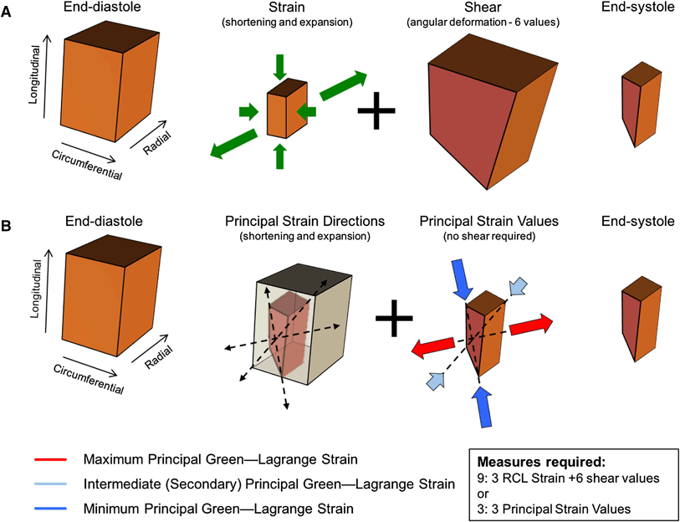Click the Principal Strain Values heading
pos(478,223)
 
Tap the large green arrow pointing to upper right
pos(343,86)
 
